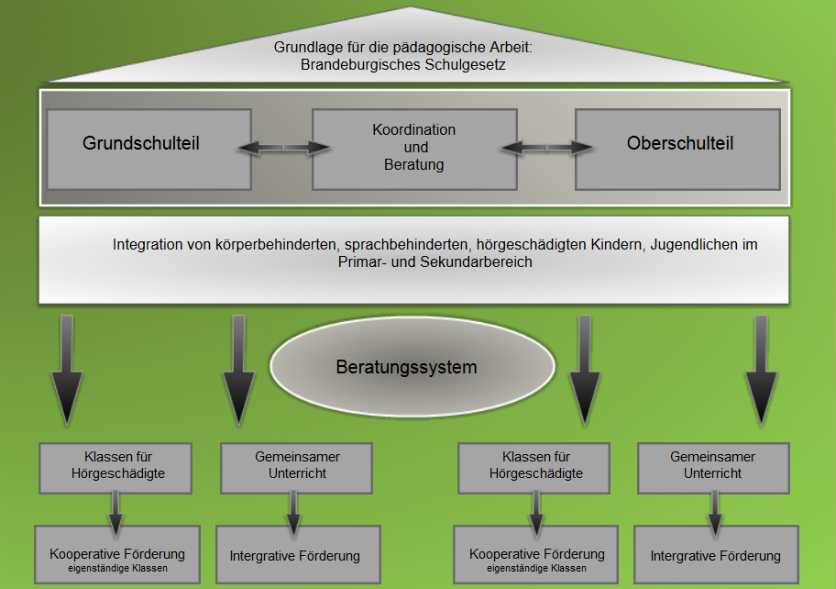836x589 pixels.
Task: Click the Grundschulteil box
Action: (149, 150)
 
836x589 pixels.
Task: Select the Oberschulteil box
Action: (677, 150)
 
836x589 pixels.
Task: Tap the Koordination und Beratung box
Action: (415, 150)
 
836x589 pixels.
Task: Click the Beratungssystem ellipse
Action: (412, 367)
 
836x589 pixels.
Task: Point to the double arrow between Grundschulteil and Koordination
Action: (282, 147)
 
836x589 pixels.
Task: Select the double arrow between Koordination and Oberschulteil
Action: (546, 147)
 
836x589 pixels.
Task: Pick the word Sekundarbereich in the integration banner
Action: (476, 262)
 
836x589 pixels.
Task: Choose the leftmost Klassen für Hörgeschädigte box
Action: (115, 468)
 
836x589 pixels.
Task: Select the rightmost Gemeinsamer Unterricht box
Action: (713, 468)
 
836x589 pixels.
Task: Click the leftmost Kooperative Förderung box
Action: (117, 554)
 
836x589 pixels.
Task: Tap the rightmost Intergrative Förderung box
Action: (716, 554)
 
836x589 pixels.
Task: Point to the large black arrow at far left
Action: (67, 369)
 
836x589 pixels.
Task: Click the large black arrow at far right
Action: (761, 369)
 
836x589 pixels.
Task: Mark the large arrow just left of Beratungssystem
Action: (238, 369)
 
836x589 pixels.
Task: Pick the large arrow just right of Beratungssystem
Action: (585, 369)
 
